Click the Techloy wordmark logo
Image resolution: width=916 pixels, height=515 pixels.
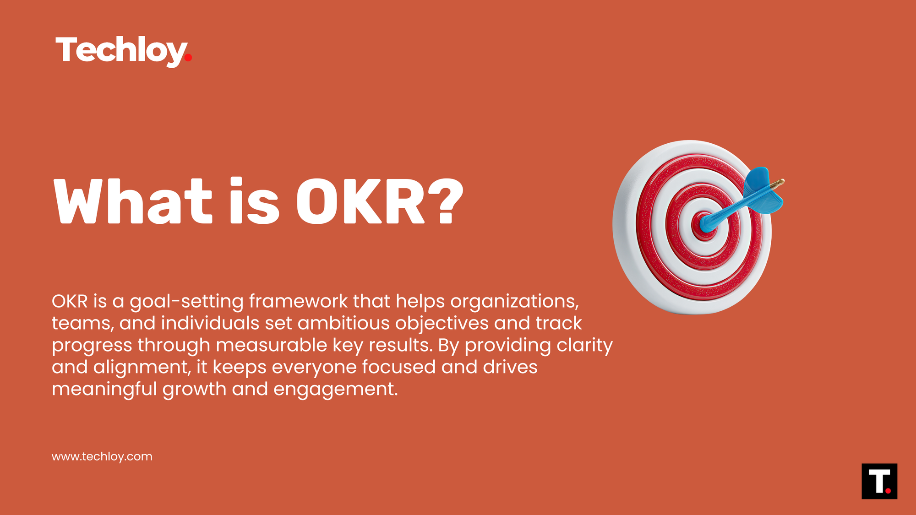[x=121, y=50]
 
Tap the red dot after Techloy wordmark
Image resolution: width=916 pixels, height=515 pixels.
[x=188, y=58]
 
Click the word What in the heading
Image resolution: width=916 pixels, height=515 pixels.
[x=133, y=201]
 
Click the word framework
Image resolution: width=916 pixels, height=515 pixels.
[x=298, y=301]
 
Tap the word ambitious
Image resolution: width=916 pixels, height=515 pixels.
[x=343, y=323]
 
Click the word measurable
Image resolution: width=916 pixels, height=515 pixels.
[x=271, y=345]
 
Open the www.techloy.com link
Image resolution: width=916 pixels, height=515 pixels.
[x=102, y=457]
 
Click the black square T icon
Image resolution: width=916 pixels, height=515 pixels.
[x=879, y=481]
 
